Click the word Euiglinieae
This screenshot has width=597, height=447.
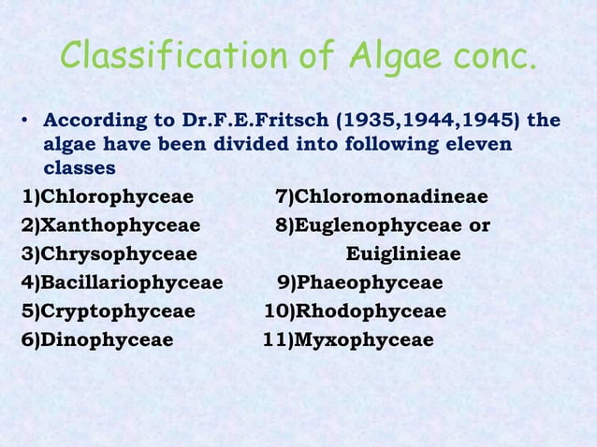click(x=403, y=254)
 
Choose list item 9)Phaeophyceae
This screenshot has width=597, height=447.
click(x=360, y=282)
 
